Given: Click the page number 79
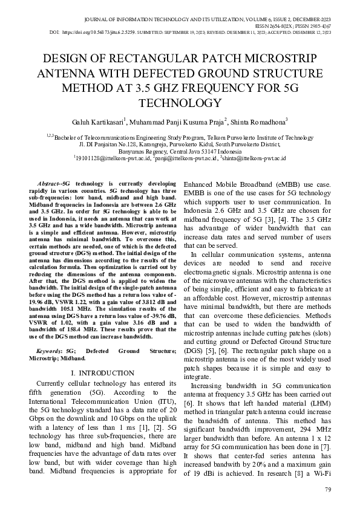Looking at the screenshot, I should coord(328,490).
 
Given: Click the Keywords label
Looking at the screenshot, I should coord(48,351).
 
